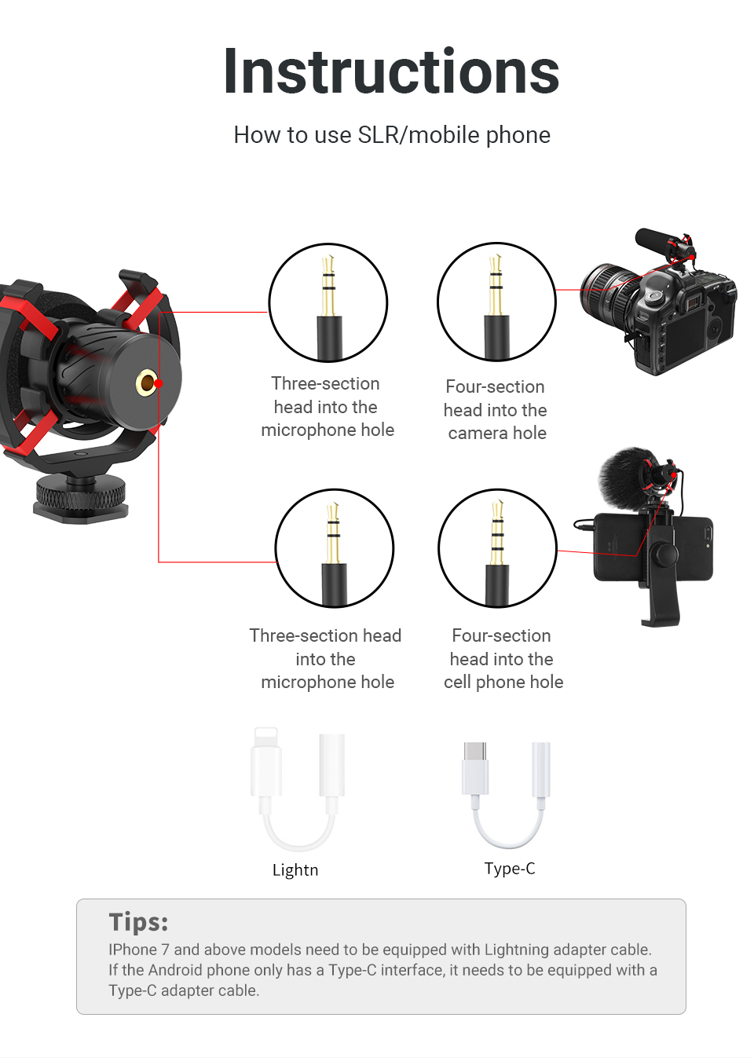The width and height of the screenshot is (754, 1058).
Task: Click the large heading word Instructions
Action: pos(391,72)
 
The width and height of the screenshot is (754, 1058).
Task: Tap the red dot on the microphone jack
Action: pos(159,383)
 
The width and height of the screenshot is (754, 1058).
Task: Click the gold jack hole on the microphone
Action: pos(146,383)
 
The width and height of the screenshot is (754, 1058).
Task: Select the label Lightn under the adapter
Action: pos(295,870)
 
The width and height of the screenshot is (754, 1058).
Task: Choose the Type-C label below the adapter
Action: pos(510,869)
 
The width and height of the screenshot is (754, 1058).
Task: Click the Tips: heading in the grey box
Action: pos(138,921)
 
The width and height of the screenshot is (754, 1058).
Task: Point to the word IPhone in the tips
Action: pos(132,950)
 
